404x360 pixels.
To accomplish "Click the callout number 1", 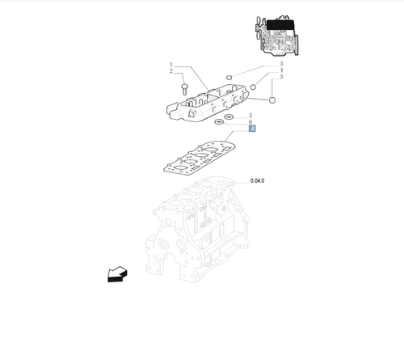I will click(171, 64).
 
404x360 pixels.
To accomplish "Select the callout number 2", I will click(171, 71).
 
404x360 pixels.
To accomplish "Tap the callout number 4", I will click(280, 70).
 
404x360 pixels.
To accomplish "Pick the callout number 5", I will click(250, 116).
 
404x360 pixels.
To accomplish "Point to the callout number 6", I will click(250, 122).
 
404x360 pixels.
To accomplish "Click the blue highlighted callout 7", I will click(251, 129).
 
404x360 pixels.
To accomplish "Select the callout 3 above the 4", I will click(280, 64).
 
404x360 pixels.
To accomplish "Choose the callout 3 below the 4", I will click(280, 77).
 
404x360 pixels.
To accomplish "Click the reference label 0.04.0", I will click(258, 180).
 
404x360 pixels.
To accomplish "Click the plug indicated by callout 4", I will click(254, 85).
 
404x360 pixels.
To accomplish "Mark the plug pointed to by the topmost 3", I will click(229, 78).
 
